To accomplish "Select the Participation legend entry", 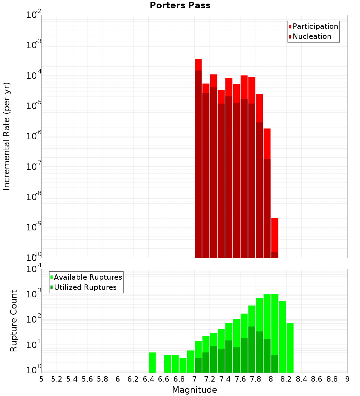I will click(313, 27).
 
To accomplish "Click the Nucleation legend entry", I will click(310, 37).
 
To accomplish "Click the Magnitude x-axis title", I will click(194, 390).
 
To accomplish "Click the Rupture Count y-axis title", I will click(14, 321).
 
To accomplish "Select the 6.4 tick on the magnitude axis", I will click(148, 379).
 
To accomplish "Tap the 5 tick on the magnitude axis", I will click(41, 379).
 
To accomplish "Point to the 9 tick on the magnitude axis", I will click(347, 379).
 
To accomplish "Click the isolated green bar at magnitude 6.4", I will click(152, 363).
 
